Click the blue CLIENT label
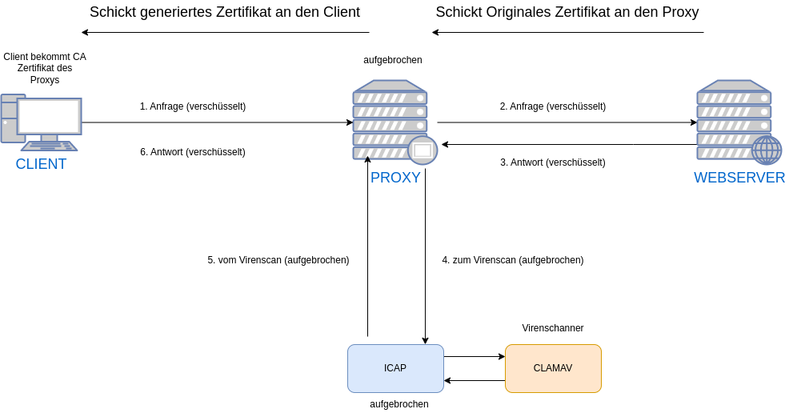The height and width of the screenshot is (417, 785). (41, 164)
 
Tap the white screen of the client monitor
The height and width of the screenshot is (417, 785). (49, 116)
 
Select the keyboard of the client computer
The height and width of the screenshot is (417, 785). (49, 146)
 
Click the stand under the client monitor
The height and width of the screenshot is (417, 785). (49, 138)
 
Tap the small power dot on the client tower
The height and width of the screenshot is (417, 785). (5, 122)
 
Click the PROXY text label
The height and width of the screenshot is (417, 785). (395, 178)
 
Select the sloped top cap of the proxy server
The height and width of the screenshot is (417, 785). (390, 85)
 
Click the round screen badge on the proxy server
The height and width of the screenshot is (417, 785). (423, 150)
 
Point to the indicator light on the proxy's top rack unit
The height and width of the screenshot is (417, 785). (420, 98)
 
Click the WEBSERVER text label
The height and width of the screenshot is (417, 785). (739, 178)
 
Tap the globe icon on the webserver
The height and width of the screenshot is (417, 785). (766, 150)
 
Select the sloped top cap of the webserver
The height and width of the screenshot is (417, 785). (734, 85)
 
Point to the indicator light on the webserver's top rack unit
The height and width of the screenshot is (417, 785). (764, 98)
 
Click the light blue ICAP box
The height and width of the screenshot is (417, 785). (395, 368)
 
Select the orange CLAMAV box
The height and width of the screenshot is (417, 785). (553, 368)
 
